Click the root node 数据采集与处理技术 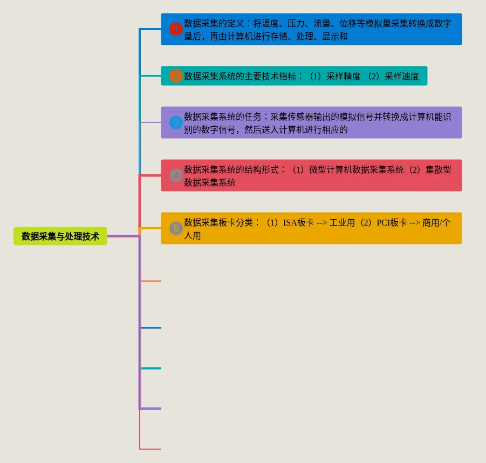[x=60, y=236]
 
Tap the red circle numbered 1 [x=176, y=29]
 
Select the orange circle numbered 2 [x=176, y=76]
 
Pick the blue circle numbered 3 [x=176, y=122]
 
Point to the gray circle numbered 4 [x=176, y=175]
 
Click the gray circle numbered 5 [x=176, y=228]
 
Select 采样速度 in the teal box [x=402, y=76]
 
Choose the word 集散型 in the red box [x=438, y=169]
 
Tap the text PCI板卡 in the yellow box [x=392, y=222]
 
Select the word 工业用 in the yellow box [x=342, y=222]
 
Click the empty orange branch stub [x=150, y=281]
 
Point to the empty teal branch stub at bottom [x=150, y=368]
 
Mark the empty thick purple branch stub [x=150, y=408]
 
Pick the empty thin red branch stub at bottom [x=150, y=448]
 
